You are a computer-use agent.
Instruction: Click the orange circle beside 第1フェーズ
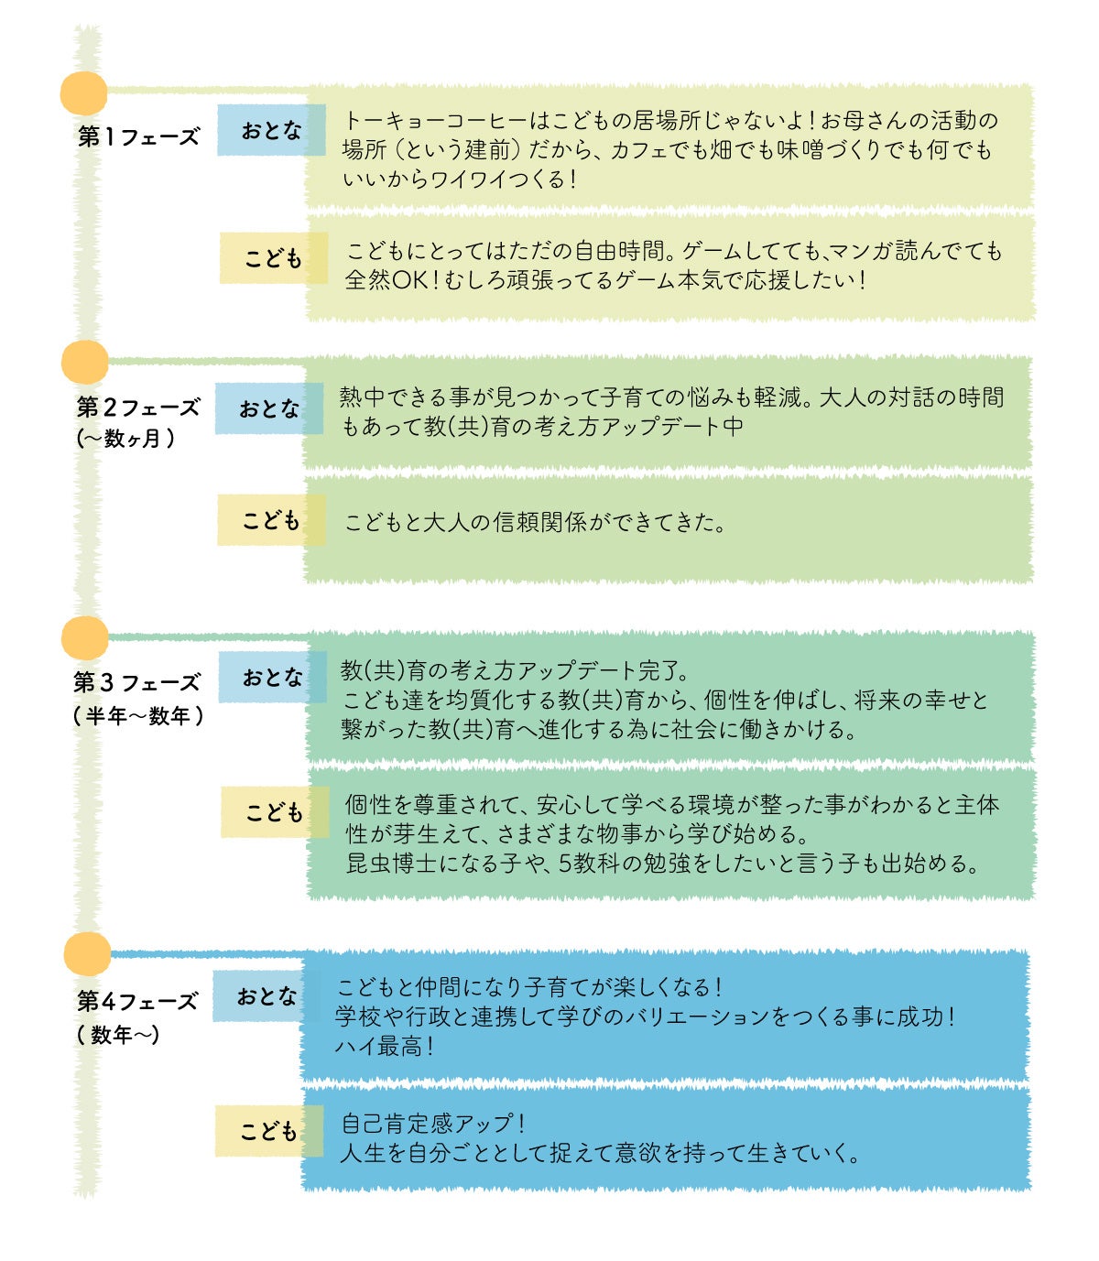pyautogui.click(x=83, y=93)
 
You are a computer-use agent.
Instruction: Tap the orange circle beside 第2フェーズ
pyautogui.click(x=84, y=363)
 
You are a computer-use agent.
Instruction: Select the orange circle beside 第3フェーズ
pyautogui.click(x=84, y=638)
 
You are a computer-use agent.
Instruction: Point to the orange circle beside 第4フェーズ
pyautogui.click(x=87, y=954)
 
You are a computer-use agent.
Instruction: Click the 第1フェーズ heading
pyautogui.click(x=138, y=137)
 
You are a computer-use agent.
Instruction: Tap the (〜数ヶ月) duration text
pyautogui.click(x=125, y=439)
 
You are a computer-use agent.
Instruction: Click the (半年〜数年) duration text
pyautogui.click(x=138, y=716)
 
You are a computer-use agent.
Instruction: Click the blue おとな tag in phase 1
pyautogui.click(x=270, y=131)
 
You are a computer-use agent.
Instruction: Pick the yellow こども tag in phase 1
pyautogui.click(x=272, y=259)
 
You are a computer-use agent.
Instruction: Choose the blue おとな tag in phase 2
pyautogui.click(x=268, y=408)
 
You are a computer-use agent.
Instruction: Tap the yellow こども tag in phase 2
pyautogui.click(x=270, y=520)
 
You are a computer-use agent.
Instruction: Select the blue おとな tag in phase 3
pyautogui.click(x=271, y=678)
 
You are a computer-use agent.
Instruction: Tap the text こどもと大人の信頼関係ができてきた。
pyautogui.click(x=535, y=523)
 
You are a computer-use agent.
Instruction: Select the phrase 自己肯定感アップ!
pyautogui.click(x=432, y=1124)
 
